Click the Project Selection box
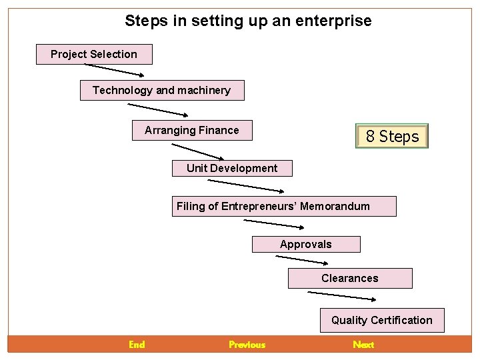pyautogui.click(x=94, y=54)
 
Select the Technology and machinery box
pyautogui.click(x=162, y=90)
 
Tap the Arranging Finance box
pyautogui.click(x=192, y=130)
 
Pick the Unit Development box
pyautogui.click(x=232, y=168)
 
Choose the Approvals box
pyautogui.click(x=305, y=244)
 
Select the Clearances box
pyautogui.click(x=349, y=278)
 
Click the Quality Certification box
pyautogui.click(x=381, y=320)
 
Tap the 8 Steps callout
pyautogui.click(x=392, y=136)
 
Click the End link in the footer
pyautogui.click(x=137, y=345)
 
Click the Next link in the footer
pyautogui.click(x=363, y=345)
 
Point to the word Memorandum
pyautogui.click(x=335, y=206)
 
